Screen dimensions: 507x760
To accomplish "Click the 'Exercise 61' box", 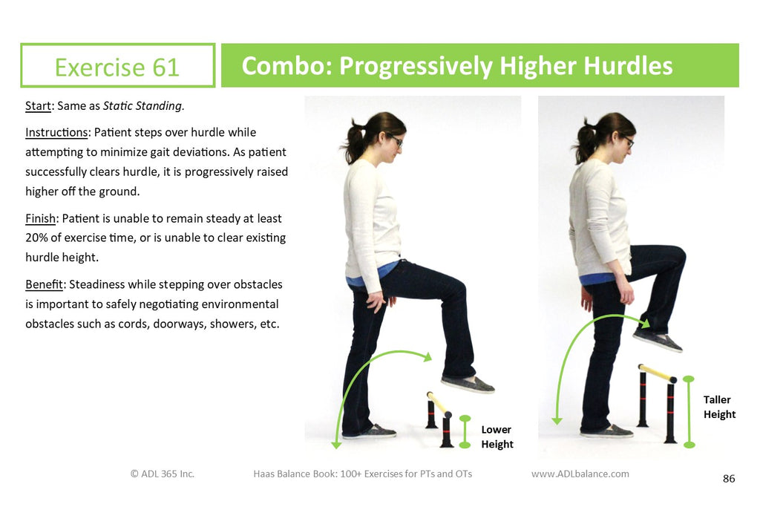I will tap(117, 66).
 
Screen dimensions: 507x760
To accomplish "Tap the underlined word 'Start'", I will tap(38, 106).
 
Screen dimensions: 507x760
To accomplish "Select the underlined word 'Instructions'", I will tap(56, 132).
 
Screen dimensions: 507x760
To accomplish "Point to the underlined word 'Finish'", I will tap(42, 219).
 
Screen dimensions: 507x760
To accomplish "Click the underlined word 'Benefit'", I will tap(44, 284).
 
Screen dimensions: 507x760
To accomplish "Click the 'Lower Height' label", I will tap(497, 436).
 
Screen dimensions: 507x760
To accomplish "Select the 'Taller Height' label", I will tap(719, 407).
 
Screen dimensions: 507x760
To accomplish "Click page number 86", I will tap(729, 479).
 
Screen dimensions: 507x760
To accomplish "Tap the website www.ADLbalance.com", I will tap(580, 474).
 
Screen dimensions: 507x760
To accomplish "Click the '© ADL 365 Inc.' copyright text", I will tap(162, 474).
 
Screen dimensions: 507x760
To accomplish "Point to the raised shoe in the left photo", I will tap(468, 384).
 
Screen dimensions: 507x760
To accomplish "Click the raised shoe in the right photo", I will tap(658, 340).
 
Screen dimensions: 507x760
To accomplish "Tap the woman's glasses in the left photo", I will tap(397, 141).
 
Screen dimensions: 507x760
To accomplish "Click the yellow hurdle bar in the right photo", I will tap(657, 373).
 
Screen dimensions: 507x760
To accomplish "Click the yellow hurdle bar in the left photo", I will tap(439, 403).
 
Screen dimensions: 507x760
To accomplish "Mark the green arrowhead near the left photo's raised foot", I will tap(426, 357).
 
